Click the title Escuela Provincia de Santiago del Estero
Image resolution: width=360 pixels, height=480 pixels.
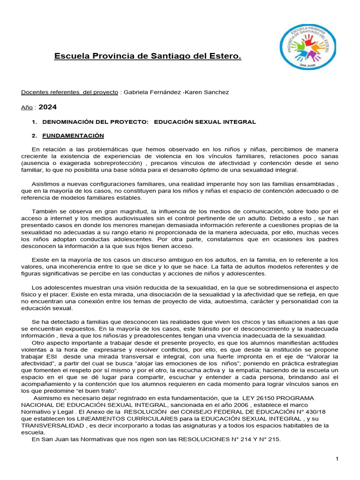pos(148,57)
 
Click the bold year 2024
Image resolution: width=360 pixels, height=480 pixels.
pos(48,107)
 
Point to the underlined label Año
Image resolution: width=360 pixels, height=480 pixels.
pos(27,107)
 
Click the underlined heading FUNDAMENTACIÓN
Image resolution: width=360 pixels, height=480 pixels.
pos(73,136)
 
